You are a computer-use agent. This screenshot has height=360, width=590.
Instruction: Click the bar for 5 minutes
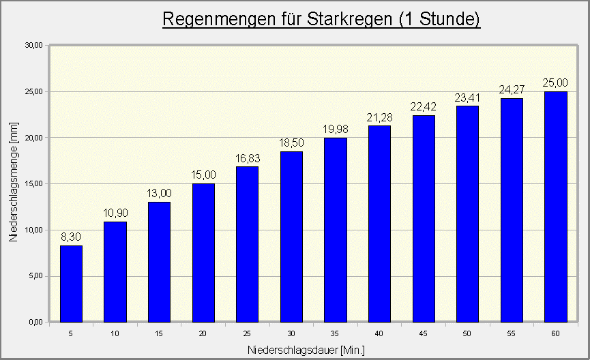71,284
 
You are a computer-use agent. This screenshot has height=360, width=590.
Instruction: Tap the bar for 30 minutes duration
291,237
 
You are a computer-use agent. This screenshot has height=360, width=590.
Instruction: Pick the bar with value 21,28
380,224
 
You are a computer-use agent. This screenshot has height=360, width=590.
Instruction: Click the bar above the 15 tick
159,262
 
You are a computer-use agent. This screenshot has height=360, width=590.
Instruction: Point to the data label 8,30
71,237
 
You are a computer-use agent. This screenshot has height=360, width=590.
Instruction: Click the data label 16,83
247,159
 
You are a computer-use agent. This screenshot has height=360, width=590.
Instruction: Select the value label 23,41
468,98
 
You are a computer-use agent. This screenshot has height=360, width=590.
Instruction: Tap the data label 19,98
335,130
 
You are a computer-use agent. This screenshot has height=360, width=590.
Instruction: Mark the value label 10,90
115,213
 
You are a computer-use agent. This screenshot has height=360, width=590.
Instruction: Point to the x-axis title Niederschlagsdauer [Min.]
307,350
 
